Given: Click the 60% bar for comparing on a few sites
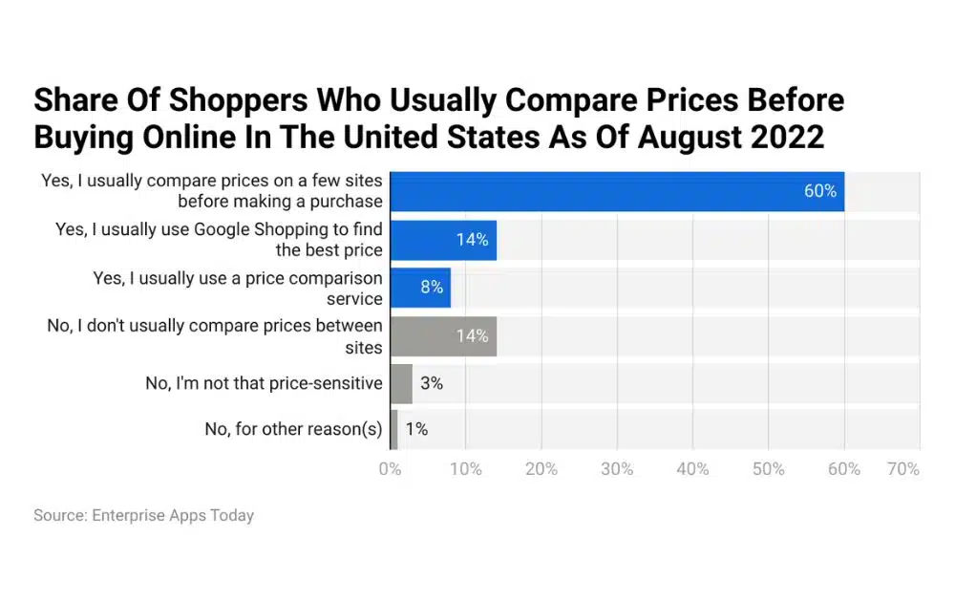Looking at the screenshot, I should click(x=616, y=191).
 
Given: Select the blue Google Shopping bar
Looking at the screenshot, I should click(x=442, y=240).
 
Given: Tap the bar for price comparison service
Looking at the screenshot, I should click(x=419, y=288).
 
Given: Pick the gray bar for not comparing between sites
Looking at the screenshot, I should click(x=442, y=335).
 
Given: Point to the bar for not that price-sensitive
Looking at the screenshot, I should click(x=400, y=383).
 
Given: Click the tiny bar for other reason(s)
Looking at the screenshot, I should click(x=393, y=429).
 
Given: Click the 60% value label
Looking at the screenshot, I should click(x=819, y=191).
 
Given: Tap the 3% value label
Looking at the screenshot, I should click(x=432, y=383).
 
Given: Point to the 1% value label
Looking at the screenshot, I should click(x=416, y=429).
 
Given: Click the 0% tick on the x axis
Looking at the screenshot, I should click(x=390, y=469).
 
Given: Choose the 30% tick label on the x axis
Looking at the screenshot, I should click(x=617, y=469).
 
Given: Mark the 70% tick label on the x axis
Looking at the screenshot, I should click(x=902, y=469).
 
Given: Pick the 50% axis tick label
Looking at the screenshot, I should click(x=768, y=469).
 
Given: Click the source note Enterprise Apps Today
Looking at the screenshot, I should click(x=143, y=515).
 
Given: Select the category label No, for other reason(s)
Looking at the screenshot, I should click(x=293, y=429).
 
